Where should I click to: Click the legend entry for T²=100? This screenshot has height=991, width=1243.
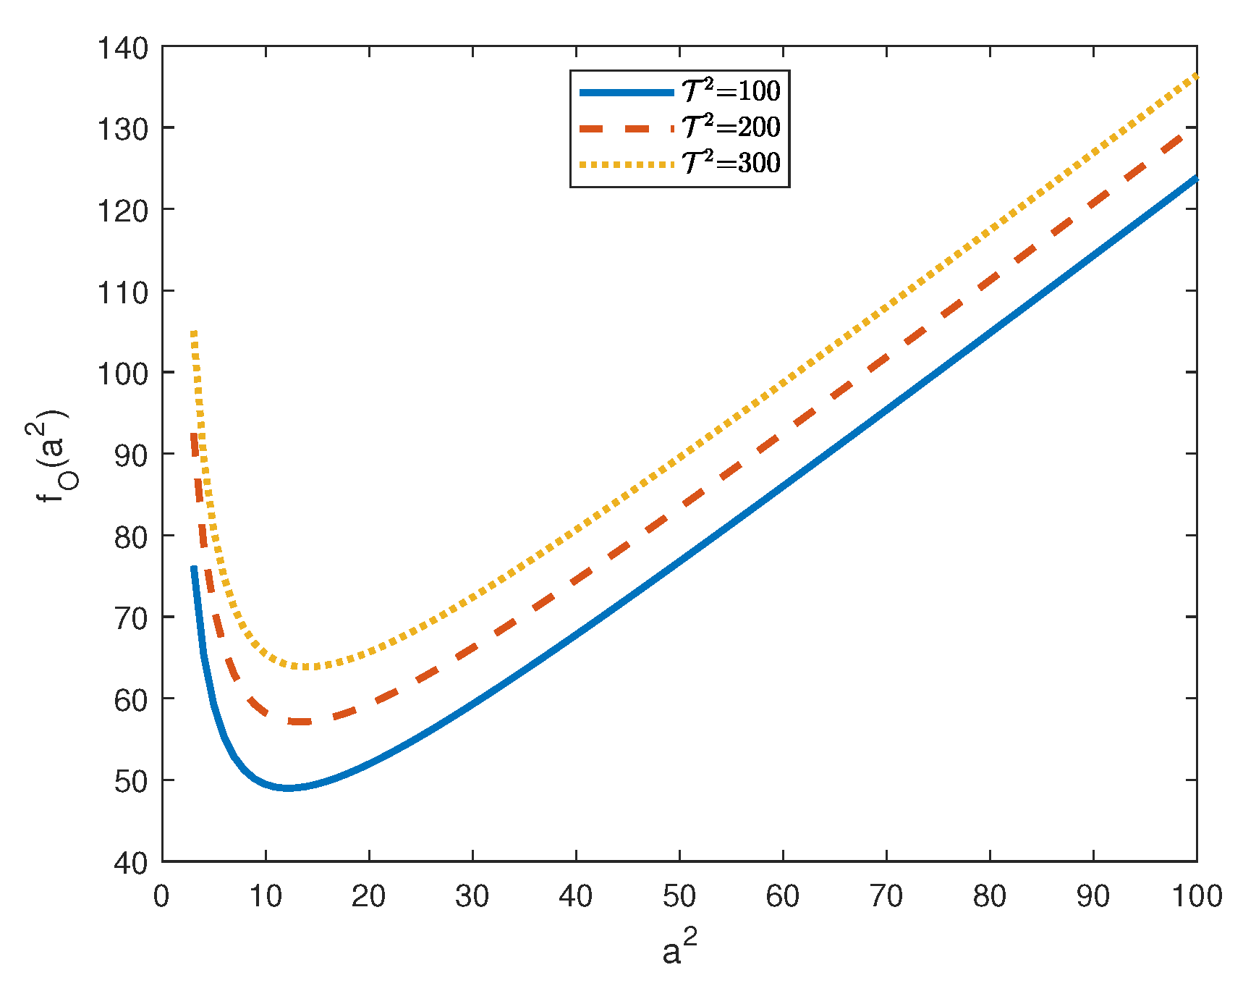click(x=731, y=91)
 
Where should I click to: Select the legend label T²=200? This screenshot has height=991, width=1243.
click(x=731, y=127)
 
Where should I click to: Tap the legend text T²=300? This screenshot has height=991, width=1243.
click(x=731, y=163)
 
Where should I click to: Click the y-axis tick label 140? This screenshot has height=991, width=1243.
click(x=122, y=48)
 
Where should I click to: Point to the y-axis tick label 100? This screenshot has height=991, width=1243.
click(x=122, y=374)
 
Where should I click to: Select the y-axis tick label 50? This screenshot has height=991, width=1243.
click(x=131, y=781)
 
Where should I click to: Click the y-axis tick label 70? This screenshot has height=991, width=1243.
click(x=131, y=618)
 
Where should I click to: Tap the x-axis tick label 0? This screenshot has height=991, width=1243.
click(x=161, y=897)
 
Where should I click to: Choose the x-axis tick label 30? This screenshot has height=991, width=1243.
click(x=472, y=897)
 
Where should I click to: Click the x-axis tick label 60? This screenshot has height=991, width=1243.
click(x=782, y=897)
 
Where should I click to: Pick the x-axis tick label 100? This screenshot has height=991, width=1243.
click(x=1197, y=897)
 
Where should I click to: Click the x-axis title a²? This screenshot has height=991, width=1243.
click(x=679, y=949)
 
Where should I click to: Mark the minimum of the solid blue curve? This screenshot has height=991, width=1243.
click(x=288, y=788)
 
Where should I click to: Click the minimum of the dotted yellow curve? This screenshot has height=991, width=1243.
click(x=305, y=667)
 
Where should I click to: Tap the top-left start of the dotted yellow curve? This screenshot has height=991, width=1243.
click(x=194, y=332)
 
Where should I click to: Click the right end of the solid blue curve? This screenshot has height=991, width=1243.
click(x=1195, y=178)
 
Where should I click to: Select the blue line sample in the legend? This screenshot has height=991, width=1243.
click(x=627, y=92)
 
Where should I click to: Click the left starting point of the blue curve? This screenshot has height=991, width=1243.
click(x=194, y=568)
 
